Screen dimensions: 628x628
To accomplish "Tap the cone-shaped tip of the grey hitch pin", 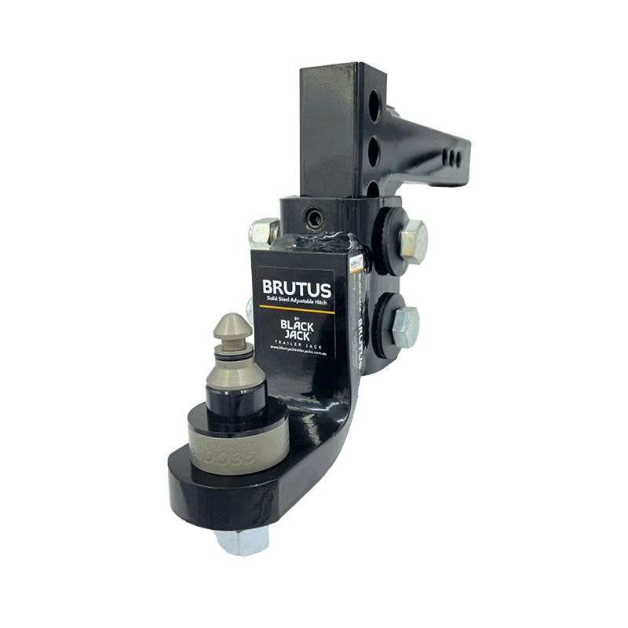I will pos(232,324).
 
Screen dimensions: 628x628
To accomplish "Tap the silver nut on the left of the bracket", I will pos(263,232).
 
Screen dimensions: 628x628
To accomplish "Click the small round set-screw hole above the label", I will pos(315,219).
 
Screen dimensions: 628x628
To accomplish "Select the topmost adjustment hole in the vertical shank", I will pos(374,104).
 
